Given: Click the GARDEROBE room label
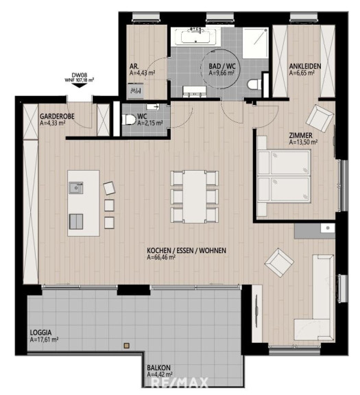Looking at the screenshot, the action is (57, 117).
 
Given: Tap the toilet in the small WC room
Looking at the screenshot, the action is (129, 119).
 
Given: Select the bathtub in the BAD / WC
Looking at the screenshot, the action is (195, 37).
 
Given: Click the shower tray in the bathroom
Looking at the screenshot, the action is (255, 43).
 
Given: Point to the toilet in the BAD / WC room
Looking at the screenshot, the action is (254, 84).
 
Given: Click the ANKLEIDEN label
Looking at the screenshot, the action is (305, 67).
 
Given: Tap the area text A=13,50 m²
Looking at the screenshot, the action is (303, 143).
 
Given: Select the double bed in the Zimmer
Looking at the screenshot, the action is (284, 176).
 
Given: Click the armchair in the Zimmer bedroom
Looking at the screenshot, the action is (320, 118).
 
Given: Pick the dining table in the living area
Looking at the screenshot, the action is (195, 197).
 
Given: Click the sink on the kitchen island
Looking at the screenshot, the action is (76, 188).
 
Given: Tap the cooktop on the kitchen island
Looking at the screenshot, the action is (76, 222).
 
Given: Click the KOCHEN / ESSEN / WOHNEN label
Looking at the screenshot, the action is (187, 251).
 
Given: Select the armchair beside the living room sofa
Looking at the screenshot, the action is (279, 263).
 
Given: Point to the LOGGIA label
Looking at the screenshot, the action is (41, 333).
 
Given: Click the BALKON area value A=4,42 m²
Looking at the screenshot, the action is (160, 374).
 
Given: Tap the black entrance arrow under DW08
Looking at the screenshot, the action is (80, 85).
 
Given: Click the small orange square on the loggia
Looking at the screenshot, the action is (127, 346).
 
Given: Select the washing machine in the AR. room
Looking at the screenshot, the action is (135, 91).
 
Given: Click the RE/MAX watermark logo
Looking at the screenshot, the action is (180, 383).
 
